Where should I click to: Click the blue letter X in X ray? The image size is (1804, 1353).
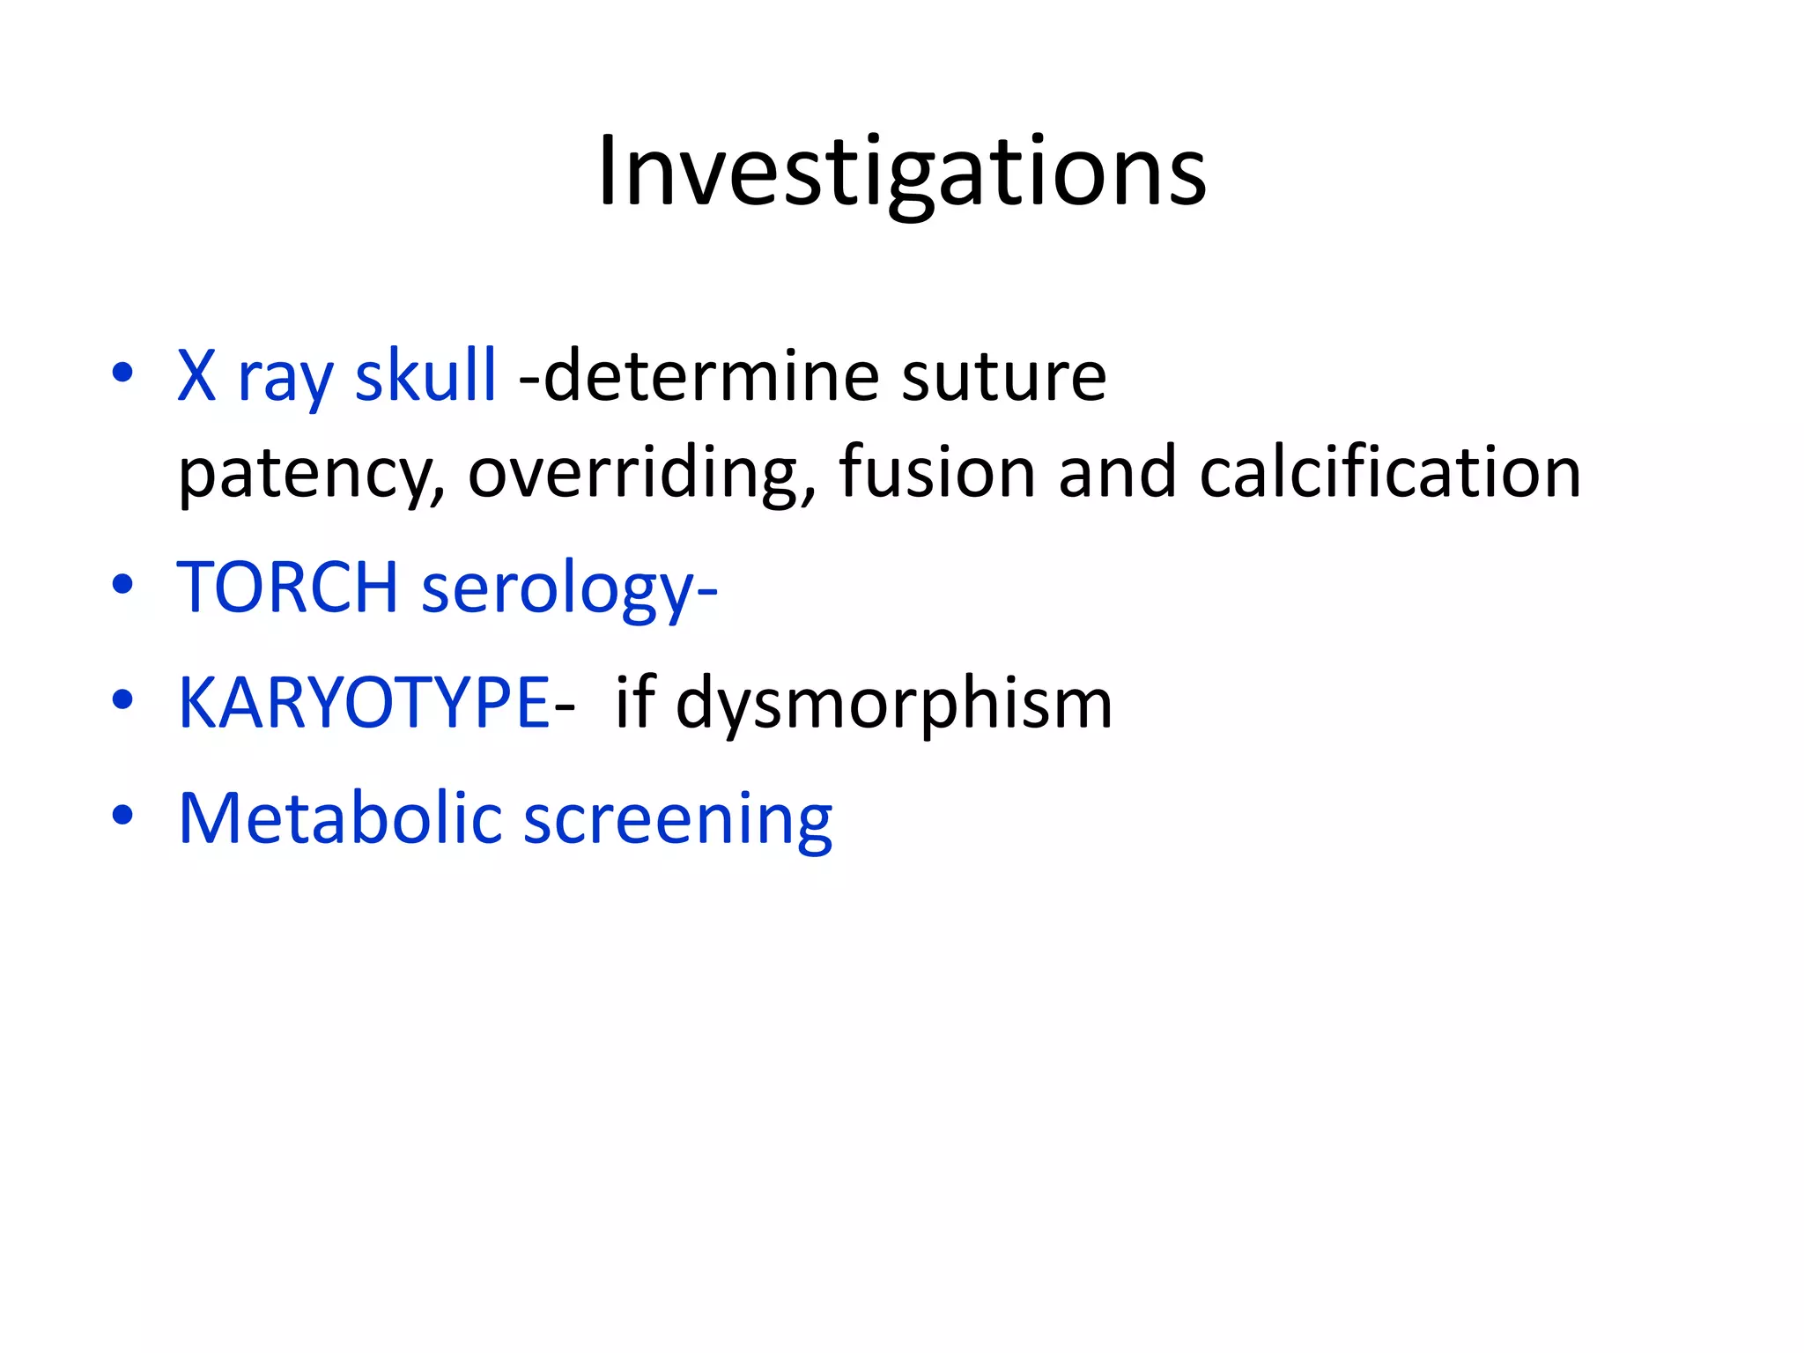196,376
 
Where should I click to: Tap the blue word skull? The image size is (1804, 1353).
425,376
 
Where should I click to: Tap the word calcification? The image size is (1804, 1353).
1389,472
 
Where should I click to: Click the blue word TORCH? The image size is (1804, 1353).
288,588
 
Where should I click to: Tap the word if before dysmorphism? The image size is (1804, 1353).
635,701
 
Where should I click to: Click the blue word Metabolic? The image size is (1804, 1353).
339,818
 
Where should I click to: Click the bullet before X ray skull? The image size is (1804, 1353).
122,373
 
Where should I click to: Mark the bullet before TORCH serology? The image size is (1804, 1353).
122,584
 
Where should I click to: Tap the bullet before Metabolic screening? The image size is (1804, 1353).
122,815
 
